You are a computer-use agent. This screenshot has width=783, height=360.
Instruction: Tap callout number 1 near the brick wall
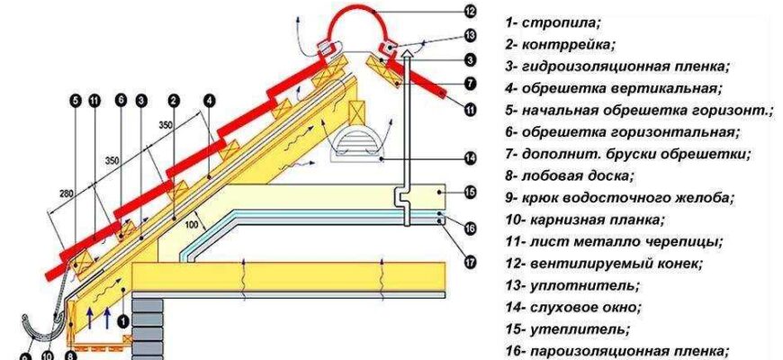pyautogui.click(x=124, y=317)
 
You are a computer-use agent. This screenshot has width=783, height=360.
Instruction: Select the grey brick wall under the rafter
pyautogui.click(x=148, y=324)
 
